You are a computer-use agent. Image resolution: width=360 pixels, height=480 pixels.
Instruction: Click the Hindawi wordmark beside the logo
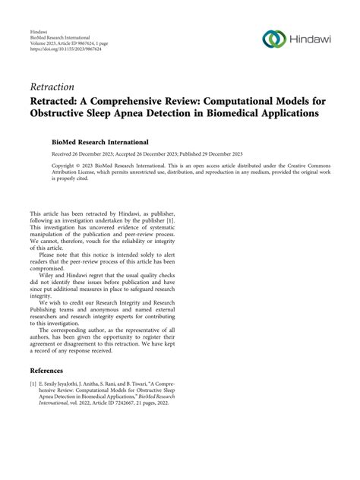click(x=313, y=40)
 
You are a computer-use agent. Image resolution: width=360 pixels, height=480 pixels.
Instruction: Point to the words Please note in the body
click(x=55, y=261)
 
